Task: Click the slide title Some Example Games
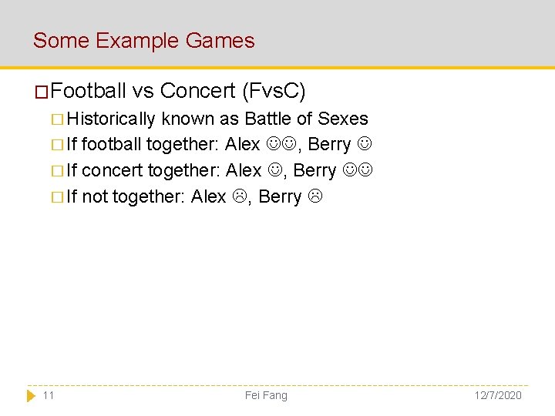click(143, 40)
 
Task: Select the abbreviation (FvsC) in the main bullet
click(274, 92)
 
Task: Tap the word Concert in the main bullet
click(198, 92)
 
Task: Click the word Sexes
click(343, 119)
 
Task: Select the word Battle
click(269, 119)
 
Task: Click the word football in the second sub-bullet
click(112, 145)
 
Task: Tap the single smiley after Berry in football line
click(366, 145)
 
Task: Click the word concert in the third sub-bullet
click(112, 170)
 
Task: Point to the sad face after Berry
click(314, 196)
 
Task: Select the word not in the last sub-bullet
click(95, 196)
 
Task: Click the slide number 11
click(49, 395)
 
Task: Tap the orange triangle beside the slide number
click(31, 395)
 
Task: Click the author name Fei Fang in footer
click(266, 395)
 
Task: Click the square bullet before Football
click(42, 92)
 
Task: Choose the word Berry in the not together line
click(280, 196)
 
